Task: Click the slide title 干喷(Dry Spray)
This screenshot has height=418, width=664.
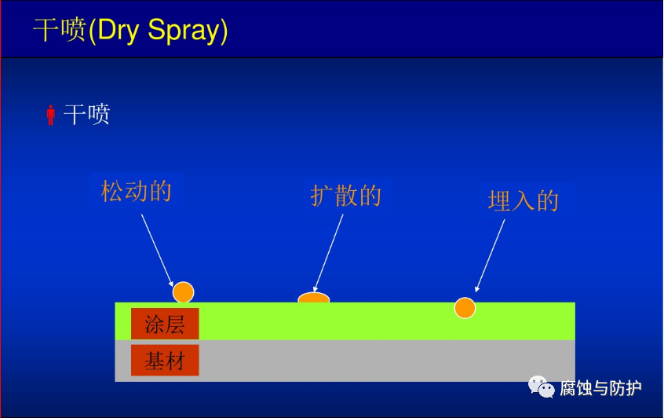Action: pyautogui.click(x=130, y=31)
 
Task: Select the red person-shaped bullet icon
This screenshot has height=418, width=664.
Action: pyautogui.click(x=51, y=115)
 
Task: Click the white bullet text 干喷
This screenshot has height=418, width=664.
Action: pyautogui.click(x=87, y=114)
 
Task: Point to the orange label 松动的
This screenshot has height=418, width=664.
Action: pyautogui.click(x=136, y=191)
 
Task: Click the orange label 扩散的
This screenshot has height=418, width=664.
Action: pyautogui.click(x=346, y=196)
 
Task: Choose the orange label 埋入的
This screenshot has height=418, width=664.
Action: pyautogui.click(x=524, y=201)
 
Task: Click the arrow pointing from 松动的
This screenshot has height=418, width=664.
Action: pyautogui.click(x=157, y=251)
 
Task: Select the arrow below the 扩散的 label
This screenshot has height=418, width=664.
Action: pyautogui.click(x=328, y=253)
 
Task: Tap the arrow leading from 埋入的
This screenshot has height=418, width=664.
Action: pyautogui.click(x=490, y=255)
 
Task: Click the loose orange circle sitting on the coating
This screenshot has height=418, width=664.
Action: pyautogui.click(x=184, y=292)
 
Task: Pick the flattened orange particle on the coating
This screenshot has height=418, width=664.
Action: pyautogui.click(x=314, y=298)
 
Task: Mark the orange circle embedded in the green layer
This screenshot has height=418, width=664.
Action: pyautogui.click(x=465, y=308)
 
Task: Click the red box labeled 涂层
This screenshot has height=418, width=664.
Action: pyautogui.click(x=165, y=324)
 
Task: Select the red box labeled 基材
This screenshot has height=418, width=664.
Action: pyautogui.click(x=165, y=361)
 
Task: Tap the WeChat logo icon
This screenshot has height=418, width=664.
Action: pyautogui.click(x=542, y=387)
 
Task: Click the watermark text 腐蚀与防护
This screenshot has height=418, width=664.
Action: pyautogui.click(x=600, y=388)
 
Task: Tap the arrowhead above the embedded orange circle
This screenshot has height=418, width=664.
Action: pyautogui.click(x=477, y=289)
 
